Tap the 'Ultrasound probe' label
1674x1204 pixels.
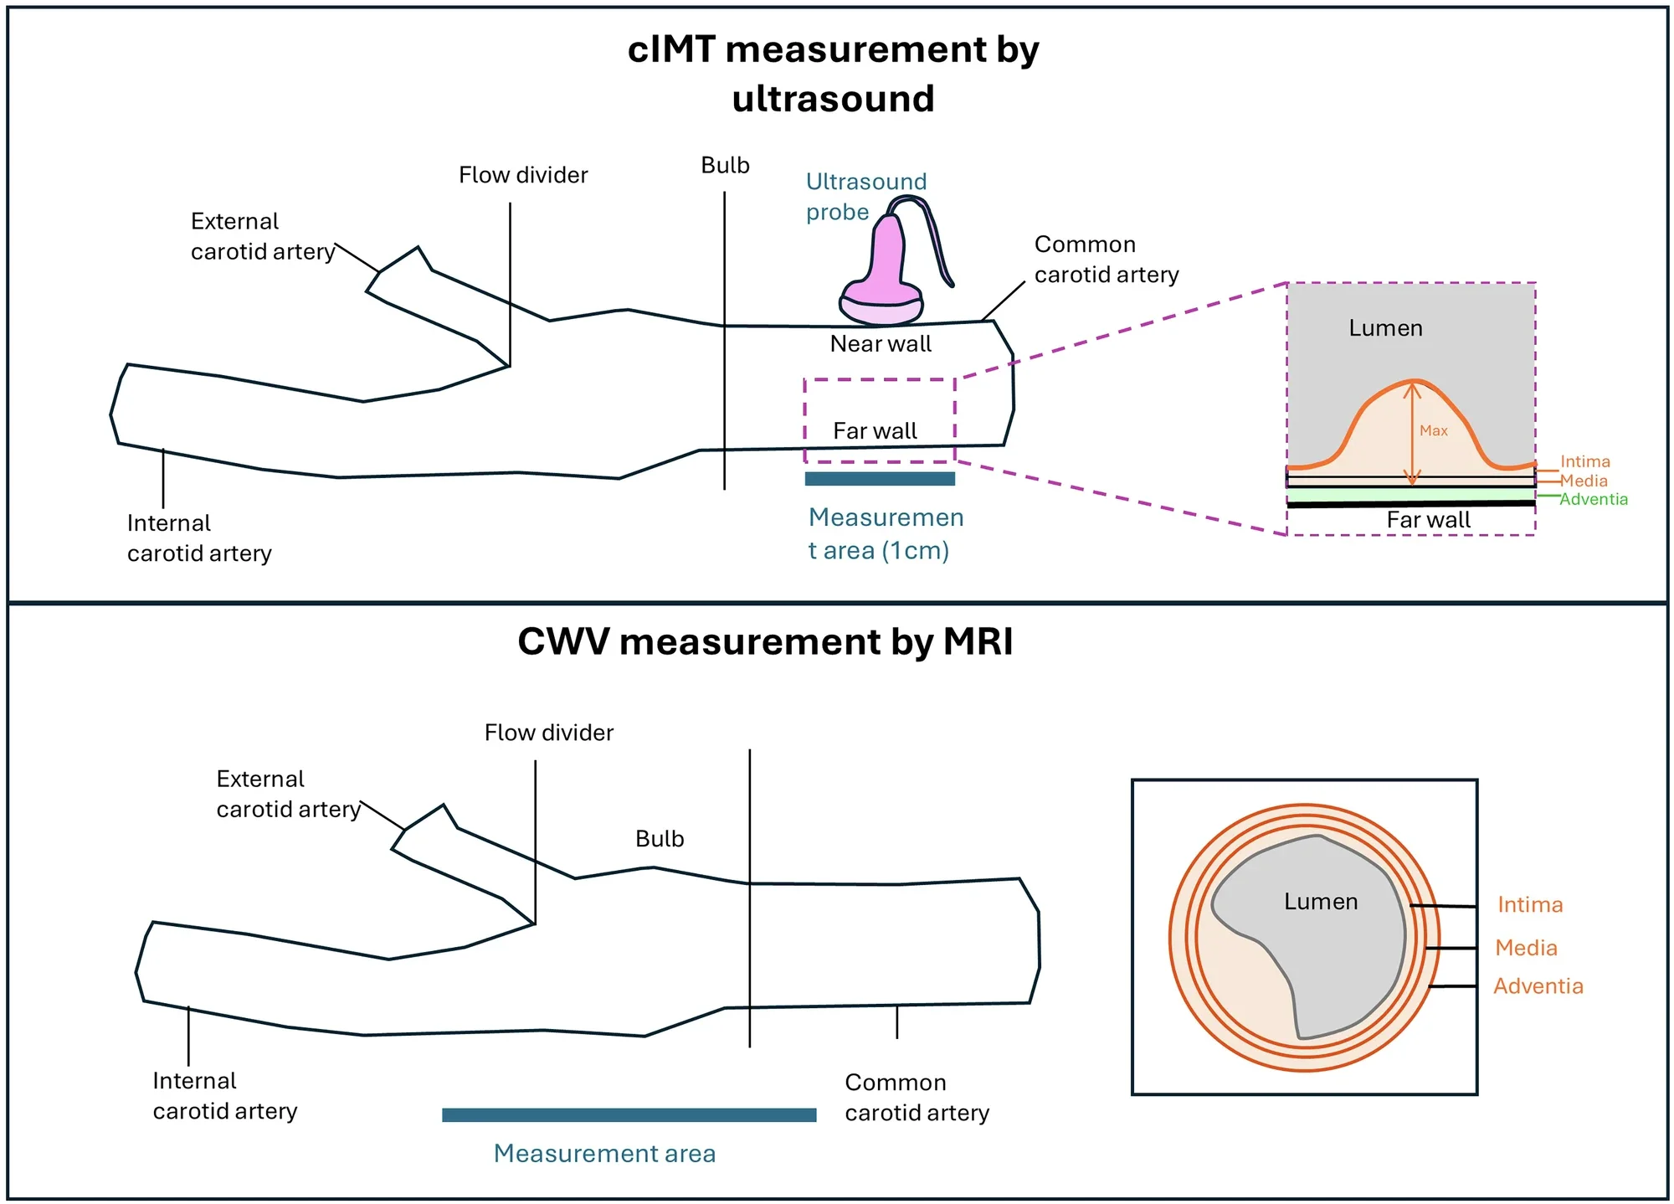[865, 196]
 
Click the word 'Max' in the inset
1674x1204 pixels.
[1433, 430]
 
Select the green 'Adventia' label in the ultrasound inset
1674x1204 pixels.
[1593, 499]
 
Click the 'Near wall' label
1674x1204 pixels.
[880, 343]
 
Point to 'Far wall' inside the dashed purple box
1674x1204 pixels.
[875, 430]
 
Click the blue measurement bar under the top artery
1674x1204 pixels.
[879, 479]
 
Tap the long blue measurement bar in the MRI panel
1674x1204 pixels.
[629, 1114]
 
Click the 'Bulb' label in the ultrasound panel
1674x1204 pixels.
[725, 165]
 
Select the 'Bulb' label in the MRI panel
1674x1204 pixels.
[660, 838]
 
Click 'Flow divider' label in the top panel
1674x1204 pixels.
[523, 175]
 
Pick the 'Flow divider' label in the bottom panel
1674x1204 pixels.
[548, 733]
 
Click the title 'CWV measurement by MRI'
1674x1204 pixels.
[764, 641]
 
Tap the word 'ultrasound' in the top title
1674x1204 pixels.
[833, 99]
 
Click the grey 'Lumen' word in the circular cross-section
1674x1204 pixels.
[1320, 902]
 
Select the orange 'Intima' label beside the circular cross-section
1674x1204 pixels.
[1529, 904]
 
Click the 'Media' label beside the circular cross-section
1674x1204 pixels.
[1526, 948]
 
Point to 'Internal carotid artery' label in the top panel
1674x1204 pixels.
[199, 538]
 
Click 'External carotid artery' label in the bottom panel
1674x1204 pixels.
[288, 794]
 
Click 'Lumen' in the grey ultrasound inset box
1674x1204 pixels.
[1385, 328]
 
